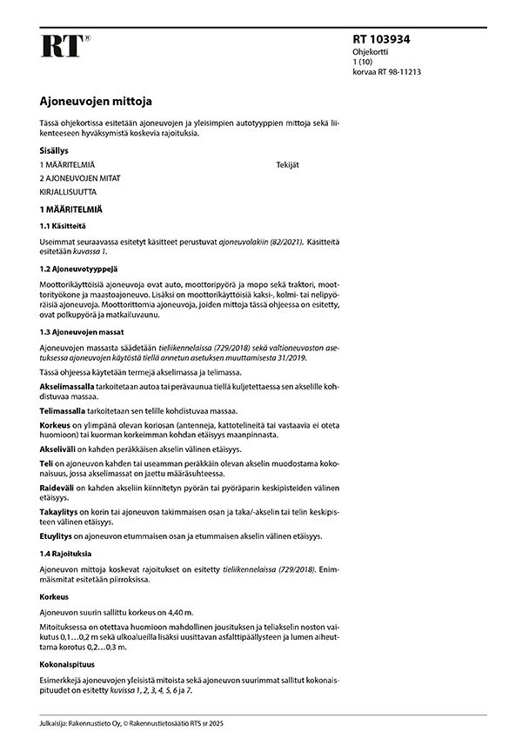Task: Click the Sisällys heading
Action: [x=56, y=150]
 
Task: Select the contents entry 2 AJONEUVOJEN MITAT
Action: [x=80, y=177]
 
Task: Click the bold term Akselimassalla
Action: [x=69, y=385]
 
